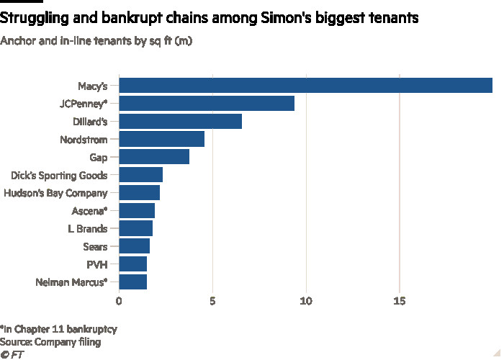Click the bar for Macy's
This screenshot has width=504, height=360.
(x=305, y=85)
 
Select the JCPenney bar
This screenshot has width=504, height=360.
(x=207, y=103)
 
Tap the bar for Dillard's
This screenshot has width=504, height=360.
(x=180, y=121)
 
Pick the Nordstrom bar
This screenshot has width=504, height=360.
(x=161, y=139)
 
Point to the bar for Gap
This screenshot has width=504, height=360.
(x=154, y=157)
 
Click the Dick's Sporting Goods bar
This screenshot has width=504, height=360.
(x=140, y=175)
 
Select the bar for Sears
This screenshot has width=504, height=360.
(x=134, y=246)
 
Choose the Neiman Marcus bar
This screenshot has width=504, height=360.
(x=132, y=282)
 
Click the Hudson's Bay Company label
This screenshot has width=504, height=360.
(x=55, y=193)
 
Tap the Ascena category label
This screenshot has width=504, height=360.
(x=89, y=211)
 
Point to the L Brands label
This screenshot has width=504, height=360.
(x=88, y=229)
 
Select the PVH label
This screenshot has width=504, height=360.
(x=97, y=264)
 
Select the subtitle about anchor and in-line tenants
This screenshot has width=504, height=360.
(x=96, y=40)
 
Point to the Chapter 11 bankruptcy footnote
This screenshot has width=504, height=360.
(x=59, y=328)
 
